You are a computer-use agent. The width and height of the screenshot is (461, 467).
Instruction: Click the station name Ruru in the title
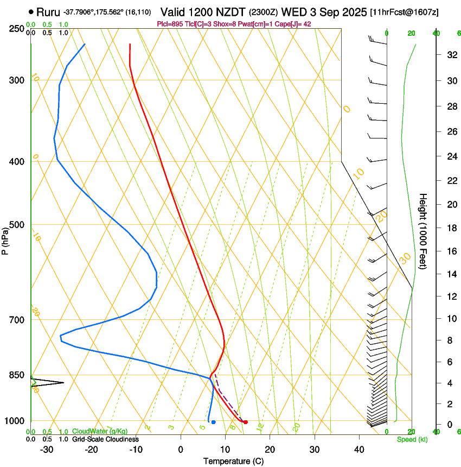pyautogui.click(x=48, y=11)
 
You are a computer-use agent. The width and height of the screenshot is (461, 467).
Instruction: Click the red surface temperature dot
pyautogui.click(x=246, y=422)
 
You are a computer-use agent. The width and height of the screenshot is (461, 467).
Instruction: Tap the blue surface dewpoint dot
pyautogui.click(x=214, y=422)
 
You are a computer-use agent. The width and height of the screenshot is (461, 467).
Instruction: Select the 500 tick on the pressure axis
pyautogui.click(x=17, y=225)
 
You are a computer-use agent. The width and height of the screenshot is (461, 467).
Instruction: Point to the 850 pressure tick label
pyautogui.click(x=17, y=375)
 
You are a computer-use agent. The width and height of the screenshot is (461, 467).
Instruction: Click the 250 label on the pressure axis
pyautogui.click(x=17, y=28)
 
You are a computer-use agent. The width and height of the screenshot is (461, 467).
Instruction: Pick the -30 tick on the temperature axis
pyautogui.click(x=47, y=450)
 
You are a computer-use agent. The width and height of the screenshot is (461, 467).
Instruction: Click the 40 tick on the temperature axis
pyautogui.click(x=359, y=450)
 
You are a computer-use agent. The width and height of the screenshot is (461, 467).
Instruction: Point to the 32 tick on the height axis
pyautogui.click(x=451, y=55)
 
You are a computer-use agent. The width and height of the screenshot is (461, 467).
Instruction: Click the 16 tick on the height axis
pyautogui.click(x=451, y=251)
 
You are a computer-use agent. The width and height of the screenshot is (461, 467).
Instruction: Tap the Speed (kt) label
pyautogui.click(x=412, y=439)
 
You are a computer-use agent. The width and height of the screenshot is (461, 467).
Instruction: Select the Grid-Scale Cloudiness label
pyautogui.click(x=105, y=439)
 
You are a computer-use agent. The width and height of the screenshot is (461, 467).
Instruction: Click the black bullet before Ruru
pyautogui.click(x=31, y=11)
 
